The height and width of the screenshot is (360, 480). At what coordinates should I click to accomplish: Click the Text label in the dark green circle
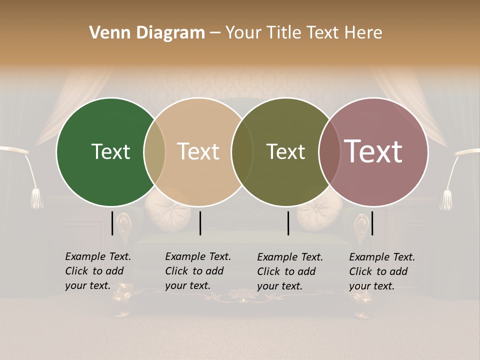click(x=110, y=151)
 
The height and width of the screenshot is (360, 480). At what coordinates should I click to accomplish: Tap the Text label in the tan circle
click(x=198, y=151)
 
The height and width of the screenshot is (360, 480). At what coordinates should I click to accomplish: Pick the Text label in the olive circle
click(x=285, y=151)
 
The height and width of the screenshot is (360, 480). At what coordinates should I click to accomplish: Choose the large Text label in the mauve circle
click(x=373, y=151)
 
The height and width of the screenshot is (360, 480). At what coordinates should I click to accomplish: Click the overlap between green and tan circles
click(x=154, y=151)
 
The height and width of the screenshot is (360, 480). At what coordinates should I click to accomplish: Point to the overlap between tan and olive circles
click(x=242, y=151)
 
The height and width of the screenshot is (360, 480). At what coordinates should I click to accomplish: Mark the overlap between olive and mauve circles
click(x=327, y=151)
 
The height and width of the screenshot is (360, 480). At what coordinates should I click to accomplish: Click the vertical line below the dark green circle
click(x=112, y=223)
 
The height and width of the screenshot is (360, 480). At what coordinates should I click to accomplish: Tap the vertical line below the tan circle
click(x=200, y=223)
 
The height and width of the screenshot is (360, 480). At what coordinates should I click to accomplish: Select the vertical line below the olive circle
click(x=288, y=223)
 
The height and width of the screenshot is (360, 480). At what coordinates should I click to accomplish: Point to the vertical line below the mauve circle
click(x=372, y=223)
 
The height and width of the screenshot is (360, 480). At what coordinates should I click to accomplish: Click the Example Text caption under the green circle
click(x=98, y=271)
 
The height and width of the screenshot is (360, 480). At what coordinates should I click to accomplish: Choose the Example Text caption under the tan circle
click(x=198, y=271)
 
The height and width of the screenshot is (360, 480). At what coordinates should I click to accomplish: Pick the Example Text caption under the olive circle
click(x=290, y=271)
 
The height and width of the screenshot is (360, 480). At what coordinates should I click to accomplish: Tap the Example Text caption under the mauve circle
click(x=382, y=271)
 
